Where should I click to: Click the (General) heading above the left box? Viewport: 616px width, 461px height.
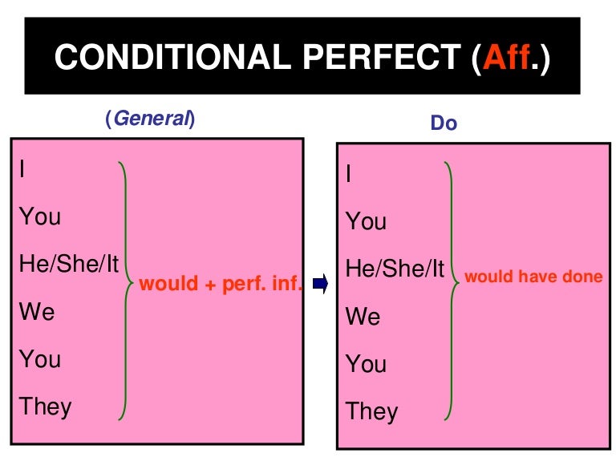150,119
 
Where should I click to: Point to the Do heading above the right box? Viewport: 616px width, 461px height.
444,123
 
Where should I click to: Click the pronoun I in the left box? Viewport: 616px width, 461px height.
22,169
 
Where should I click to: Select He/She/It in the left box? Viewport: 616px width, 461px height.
69,264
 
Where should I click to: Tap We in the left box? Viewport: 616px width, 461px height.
37,311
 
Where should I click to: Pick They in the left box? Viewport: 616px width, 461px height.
46,406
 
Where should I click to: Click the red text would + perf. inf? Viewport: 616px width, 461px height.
220,284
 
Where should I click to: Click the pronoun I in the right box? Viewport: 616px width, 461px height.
349,174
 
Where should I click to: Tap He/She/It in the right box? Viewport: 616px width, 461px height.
395,269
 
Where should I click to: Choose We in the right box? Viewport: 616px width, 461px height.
363,317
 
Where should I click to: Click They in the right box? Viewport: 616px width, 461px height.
371,411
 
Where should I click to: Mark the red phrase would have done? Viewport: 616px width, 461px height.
533,277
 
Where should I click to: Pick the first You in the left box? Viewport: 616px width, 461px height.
40,216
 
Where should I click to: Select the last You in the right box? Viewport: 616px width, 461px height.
366,364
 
